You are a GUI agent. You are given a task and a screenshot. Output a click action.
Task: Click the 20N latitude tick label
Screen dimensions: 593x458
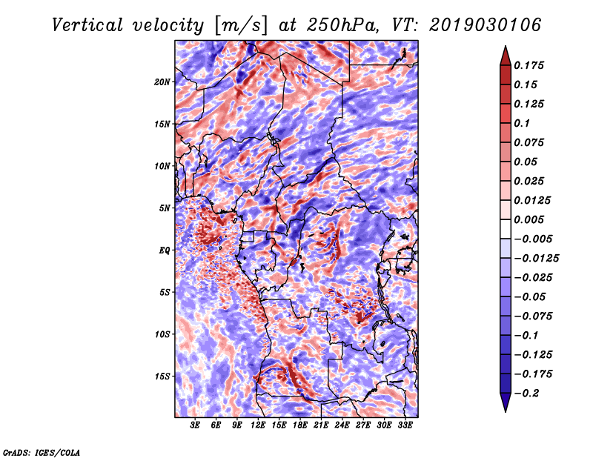[162, 82]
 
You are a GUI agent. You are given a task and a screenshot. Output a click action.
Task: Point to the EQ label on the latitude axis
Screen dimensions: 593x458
[165, 250]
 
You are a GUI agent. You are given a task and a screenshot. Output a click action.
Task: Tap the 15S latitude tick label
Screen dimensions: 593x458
[162, 376]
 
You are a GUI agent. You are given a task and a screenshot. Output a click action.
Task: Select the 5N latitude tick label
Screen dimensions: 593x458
[165, 208]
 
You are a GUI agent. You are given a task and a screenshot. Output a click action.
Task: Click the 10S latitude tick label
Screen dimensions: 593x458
[162, 334]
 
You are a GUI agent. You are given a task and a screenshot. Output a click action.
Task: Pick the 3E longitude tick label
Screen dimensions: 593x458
[195, 425]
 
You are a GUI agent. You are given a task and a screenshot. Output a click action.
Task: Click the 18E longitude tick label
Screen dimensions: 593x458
[300, 425]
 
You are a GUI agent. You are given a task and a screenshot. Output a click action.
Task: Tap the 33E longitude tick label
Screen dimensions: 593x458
[405, 425]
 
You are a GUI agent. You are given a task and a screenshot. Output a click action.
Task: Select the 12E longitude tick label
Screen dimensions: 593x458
[258, 425]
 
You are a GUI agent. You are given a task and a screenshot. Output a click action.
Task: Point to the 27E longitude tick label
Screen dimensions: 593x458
[363, 425]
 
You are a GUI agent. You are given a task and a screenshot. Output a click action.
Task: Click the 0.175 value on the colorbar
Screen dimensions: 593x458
[529, 65]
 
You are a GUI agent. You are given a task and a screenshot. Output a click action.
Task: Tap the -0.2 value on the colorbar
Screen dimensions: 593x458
[526, 394]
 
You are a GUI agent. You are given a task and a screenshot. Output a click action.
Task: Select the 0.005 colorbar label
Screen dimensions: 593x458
[529, 219]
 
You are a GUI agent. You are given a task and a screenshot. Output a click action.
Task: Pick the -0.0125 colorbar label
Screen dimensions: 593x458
[536, 259]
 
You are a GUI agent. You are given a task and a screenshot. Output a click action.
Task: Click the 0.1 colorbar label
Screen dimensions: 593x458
[522, 123]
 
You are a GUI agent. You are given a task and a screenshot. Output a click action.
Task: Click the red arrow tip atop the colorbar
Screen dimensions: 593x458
[506, 47]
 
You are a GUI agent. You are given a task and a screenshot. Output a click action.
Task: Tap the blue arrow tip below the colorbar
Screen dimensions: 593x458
[506, 411]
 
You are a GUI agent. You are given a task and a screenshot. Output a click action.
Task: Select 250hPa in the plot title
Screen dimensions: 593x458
[342, 25]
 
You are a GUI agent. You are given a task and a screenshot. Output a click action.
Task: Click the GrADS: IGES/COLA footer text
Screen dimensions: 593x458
[42, 452]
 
